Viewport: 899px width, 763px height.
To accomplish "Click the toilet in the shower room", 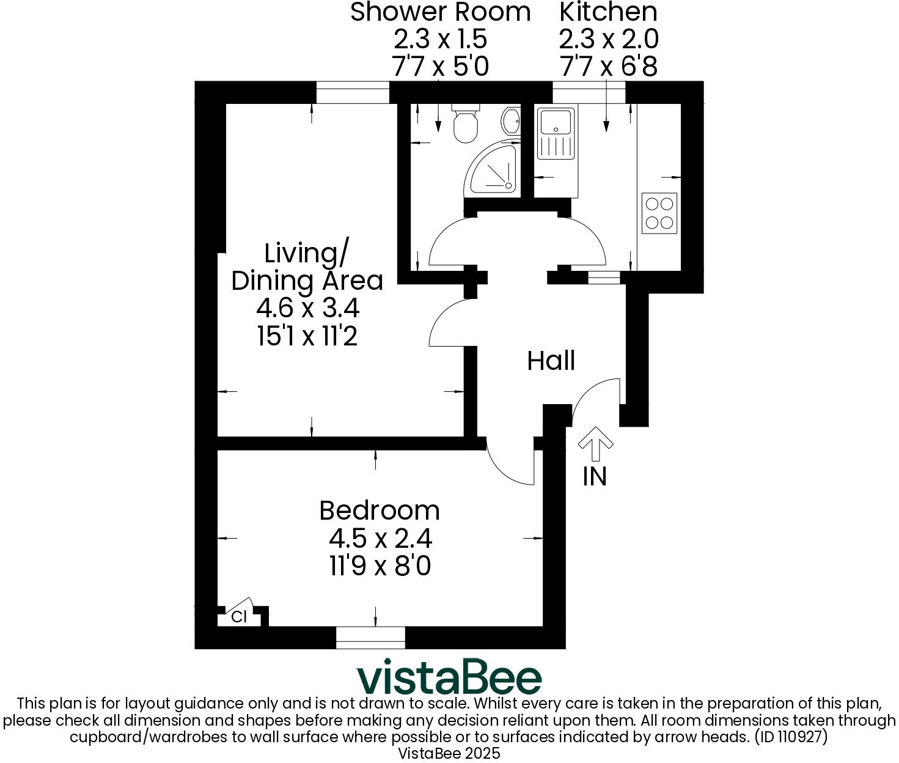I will tap(466, 125).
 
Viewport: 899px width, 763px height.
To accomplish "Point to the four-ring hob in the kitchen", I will tap(659, 213).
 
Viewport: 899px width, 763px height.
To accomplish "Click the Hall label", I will tap(551, 361).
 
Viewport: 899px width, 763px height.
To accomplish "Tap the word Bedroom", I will tap(379, 511).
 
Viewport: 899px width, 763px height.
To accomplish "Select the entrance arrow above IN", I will tap(595, 443).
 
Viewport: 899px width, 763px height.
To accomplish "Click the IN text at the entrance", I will tap(595, 476).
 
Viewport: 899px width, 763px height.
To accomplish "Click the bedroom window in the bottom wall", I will tap(370, 637).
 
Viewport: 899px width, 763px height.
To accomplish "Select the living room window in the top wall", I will tap(353, 93).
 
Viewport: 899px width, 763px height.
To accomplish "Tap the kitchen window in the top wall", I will tap(589, 93).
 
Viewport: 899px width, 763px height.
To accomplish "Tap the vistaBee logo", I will tap(449, 677).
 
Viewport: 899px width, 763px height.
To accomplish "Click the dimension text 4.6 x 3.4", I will tap(307, 308).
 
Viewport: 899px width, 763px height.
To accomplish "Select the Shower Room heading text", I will tap(440, 12).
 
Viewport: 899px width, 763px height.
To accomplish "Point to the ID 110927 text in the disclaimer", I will tap(791, 737).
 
